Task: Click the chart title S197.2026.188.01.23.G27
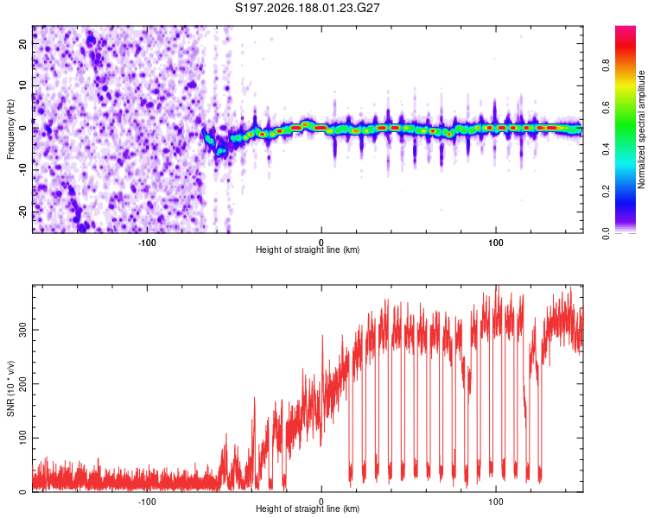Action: coord(307,8)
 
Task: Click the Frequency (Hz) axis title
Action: coord(10,129)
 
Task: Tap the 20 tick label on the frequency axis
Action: coord(22,43)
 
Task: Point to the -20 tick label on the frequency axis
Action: coord(22,212)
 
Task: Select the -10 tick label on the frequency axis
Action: coord(22,170)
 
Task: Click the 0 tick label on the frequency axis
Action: coord(22,128)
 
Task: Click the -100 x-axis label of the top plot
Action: coord(146,243)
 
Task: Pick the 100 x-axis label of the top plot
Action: coord(496,243)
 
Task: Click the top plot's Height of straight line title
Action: coord(308,250)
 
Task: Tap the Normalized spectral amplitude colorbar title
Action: coord(641,129)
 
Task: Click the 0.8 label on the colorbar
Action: coord(606,66)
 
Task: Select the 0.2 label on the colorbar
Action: coord(606,192)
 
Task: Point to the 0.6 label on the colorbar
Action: coord(606,107)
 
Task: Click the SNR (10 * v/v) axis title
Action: coord(10,388)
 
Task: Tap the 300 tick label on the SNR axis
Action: coord(22,330)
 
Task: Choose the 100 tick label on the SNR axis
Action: coord(22,438)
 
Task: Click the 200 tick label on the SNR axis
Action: coord(22,383)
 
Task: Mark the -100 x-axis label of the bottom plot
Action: coord(146,502)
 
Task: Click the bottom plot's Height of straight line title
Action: coord(308,509)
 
